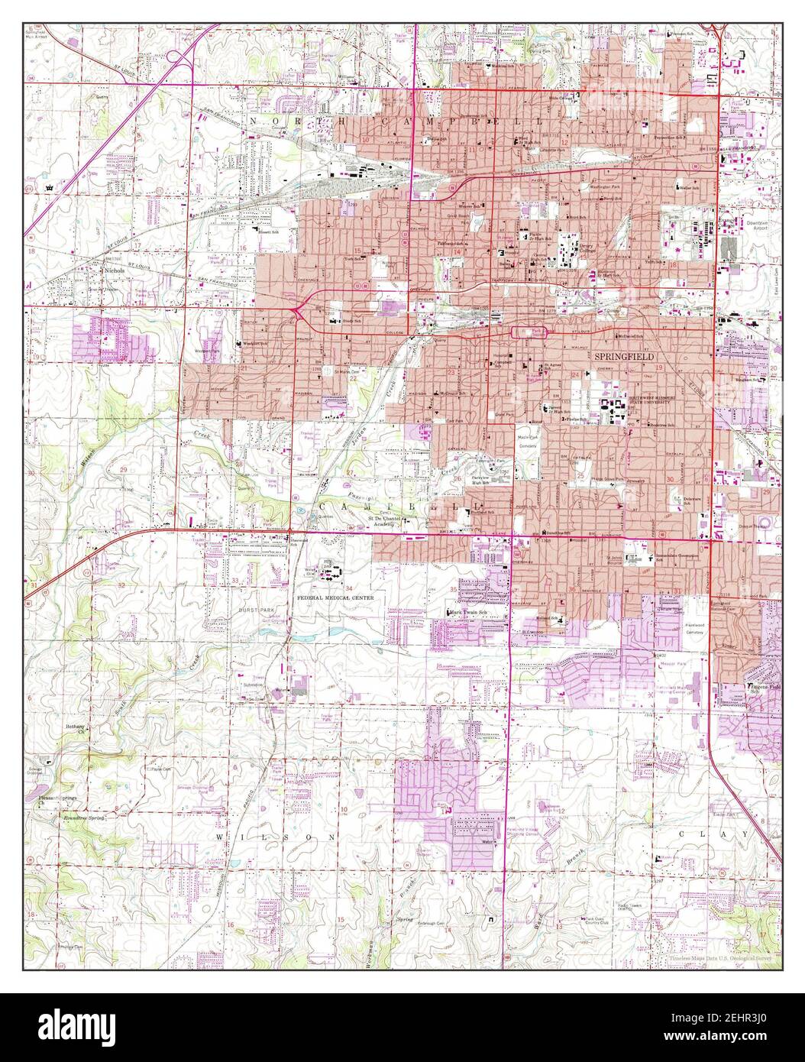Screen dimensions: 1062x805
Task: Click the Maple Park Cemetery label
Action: point(529,442)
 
